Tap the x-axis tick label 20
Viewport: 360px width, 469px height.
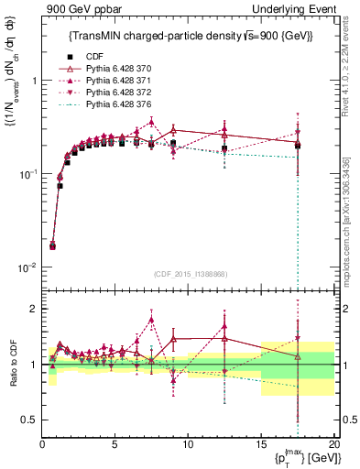(333, 444)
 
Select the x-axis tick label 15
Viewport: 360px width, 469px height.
(261, 444)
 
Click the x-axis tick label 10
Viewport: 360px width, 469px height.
(188, 444)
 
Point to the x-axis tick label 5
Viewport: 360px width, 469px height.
(115, 444)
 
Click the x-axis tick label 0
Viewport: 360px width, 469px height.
(42, 444)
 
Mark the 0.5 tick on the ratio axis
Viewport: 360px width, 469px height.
(30, 420)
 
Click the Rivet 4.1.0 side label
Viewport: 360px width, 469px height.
(347, 63)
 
